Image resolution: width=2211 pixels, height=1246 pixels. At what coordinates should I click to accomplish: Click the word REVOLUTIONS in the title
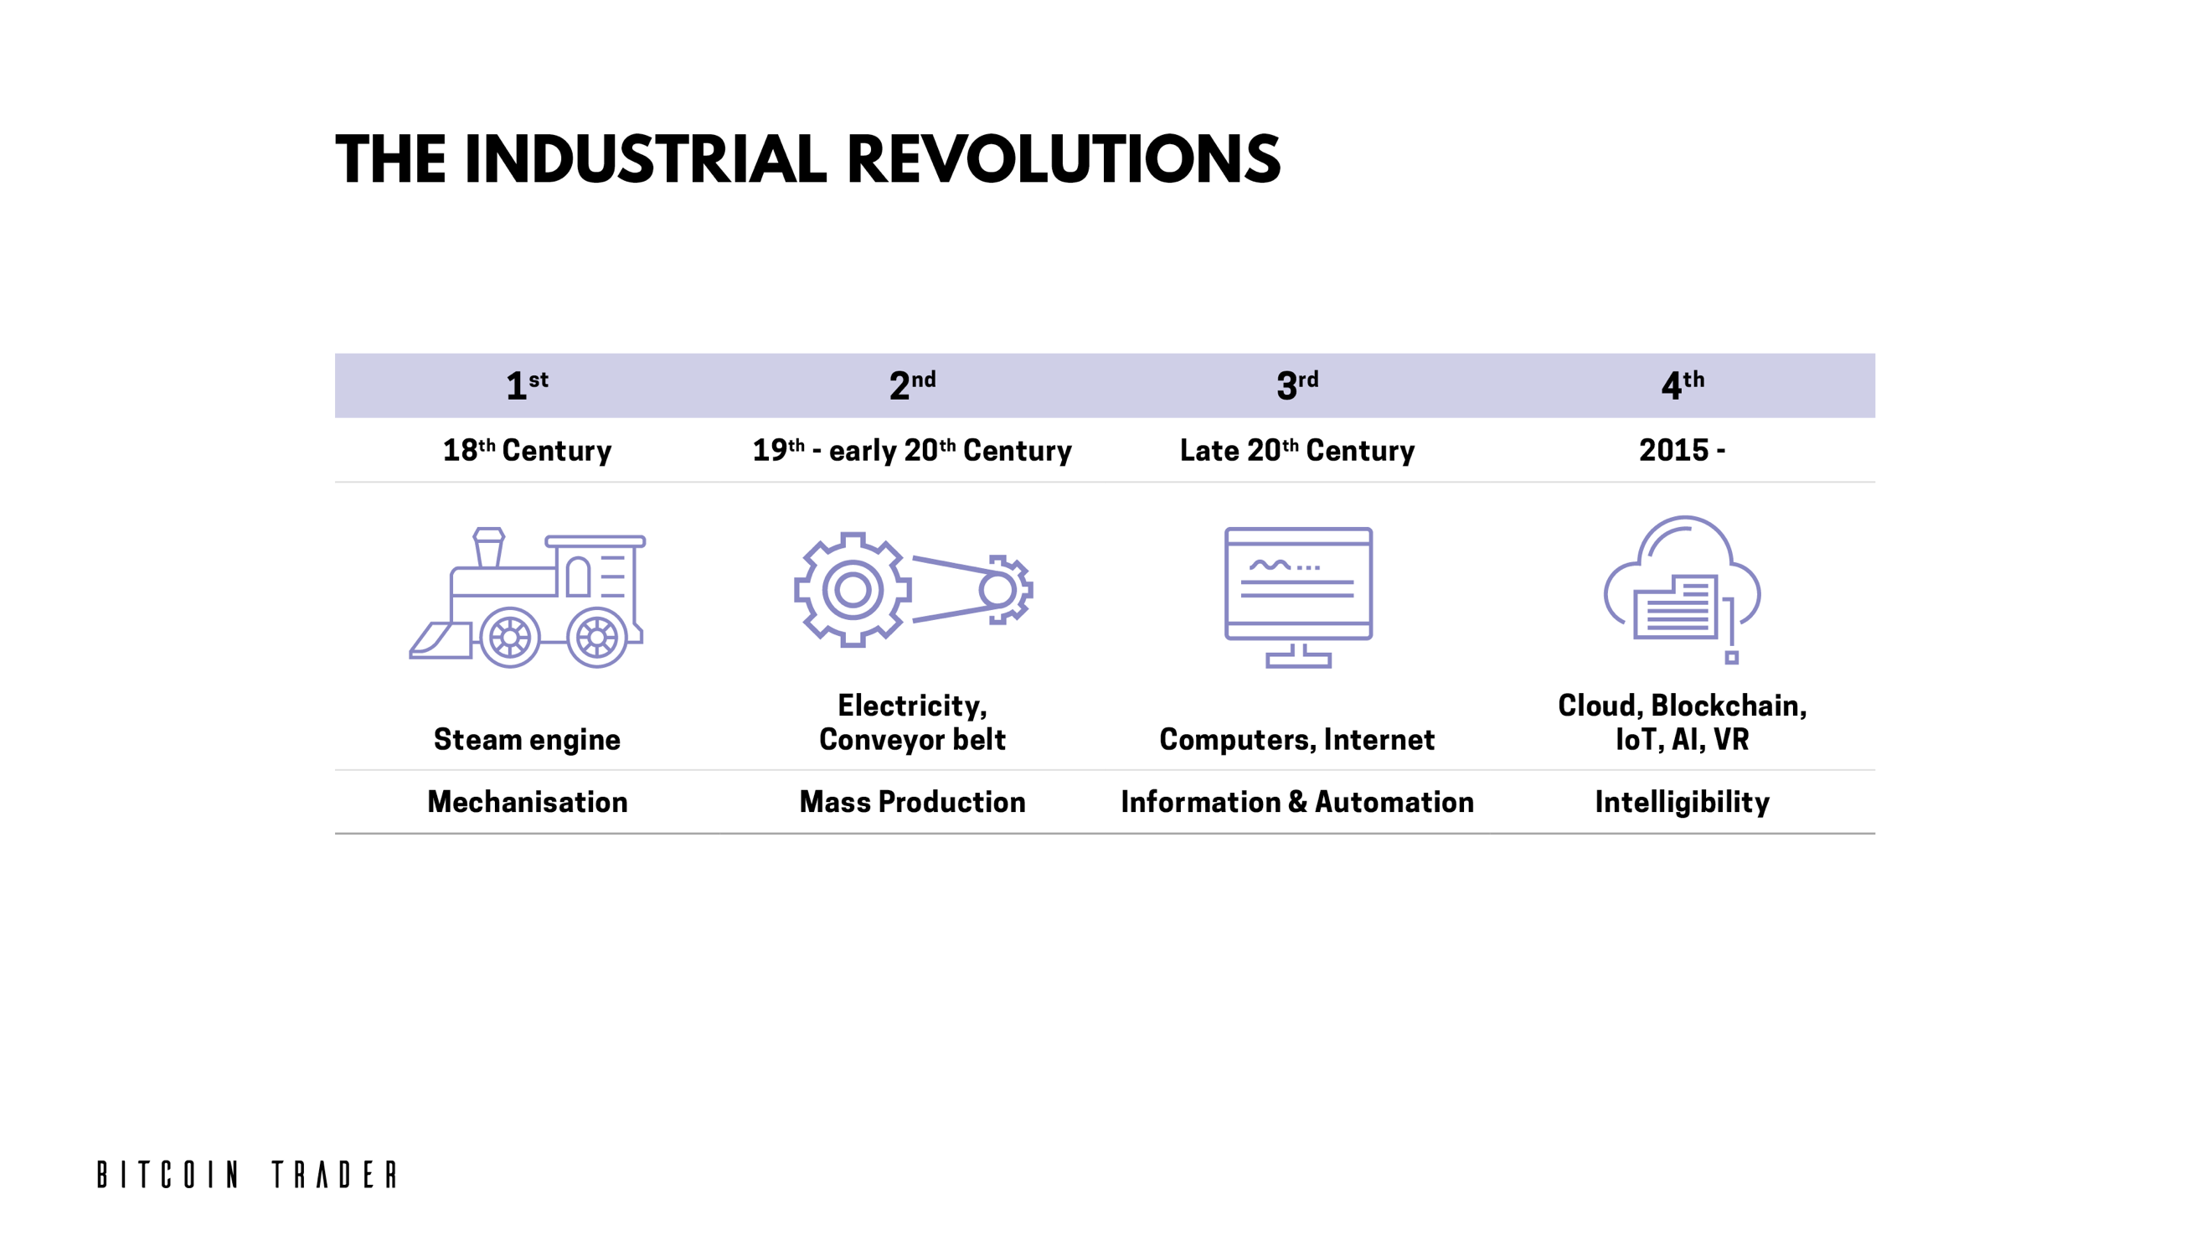(x=1064, y=160)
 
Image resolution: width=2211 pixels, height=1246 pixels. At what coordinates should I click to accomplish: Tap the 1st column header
(x=527, y=385)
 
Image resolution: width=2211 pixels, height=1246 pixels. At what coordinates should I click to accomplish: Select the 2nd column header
(x=912, y=385)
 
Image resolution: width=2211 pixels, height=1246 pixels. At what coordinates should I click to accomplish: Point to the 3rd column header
(x=1297, y=385)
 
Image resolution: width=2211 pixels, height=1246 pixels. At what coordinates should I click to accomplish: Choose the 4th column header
(x=1683, y=385)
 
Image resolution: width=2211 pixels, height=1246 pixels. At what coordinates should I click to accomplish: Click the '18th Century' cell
(x=527, y=450)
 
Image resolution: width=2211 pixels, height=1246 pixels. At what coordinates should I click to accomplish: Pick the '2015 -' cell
(x=1683, y=450)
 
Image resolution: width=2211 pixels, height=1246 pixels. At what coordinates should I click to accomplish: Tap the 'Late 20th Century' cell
(x=1297, y=450)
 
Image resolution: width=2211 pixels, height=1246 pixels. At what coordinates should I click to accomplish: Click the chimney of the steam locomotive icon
(x=488, y=547)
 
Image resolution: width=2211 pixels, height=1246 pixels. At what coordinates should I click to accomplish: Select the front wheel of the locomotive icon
(x=510, y=637)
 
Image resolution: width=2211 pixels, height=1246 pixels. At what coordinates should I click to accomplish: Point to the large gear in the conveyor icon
(x=853, y=590)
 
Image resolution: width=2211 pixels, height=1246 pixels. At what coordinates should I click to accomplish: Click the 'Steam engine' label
(x=527, y=739)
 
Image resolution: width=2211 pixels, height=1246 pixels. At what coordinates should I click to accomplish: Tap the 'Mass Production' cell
(x=912, y=802)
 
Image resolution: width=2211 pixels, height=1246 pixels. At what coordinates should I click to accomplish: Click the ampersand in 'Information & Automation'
(x=1298, y=802)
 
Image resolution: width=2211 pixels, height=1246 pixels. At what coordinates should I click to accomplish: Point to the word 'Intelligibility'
(x=1683, y=802)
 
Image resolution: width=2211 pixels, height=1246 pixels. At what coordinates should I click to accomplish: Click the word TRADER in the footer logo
(x=335, y=1175)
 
